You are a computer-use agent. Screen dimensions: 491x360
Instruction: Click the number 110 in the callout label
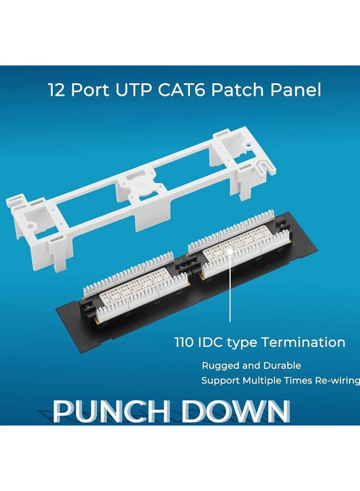click(185, 343)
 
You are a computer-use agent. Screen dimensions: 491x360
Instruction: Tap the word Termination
click(303, 343)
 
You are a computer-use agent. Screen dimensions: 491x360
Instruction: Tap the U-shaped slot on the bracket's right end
click(263, 164)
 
